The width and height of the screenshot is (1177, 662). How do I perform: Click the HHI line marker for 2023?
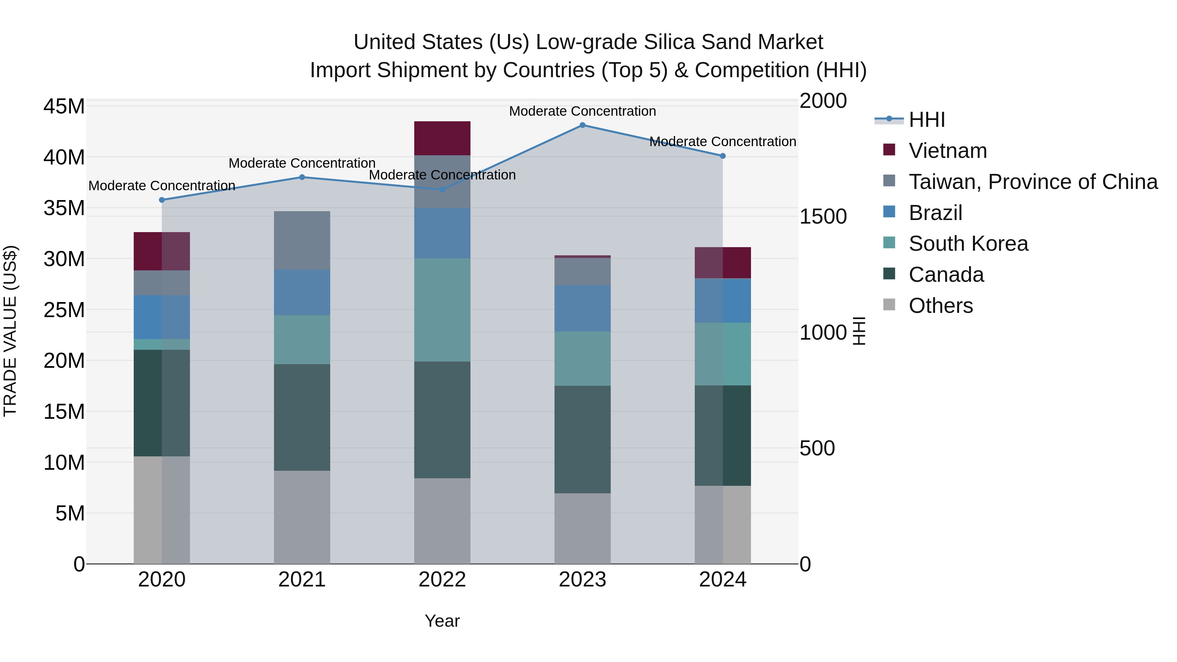(x=582, y=125)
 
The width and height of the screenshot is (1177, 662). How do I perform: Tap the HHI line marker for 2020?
(x=162, y=200)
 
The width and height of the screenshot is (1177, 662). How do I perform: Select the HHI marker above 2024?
(x=722, y=156)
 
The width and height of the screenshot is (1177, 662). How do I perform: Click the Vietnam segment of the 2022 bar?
(x=442, y=138)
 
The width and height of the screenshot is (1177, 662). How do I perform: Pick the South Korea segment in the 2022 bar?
(x=442, y=310)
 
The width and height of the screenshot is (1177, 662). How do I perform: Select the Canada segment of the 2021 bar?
(x=301, y=417)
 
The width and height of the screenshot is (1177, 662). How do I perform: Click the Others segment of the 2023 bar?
(x=582, y=528)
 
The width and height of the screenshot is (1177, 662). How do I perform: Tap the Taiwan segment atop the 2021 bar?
(x=301, y=240)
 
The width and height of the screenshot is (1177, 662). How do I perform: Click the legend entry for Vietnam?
(x=947, y=151)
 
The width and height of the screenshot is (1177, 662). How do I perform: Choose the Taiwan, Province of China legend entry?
(x=1032, y=182)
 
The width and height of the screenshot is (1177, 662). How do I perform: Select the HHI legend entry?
(x=926, y=120)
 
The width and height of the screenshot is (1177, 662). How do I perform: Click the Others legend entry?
(x=940, y=306)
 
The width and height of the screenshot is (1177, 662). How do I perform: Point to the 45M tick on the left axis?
(x=64, y=107)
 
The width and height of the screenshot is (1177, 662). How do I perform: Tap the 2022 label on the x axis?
(x=442, y=580)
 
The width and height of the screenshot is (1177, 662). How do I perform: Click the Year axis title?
(x=442, y=621)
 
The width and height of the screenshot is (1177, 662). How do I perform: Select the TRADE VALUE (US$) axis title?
(x=10, y=331)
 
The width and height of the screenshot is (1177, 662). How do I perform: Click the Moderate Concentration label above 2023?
(x=582, y=111)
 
